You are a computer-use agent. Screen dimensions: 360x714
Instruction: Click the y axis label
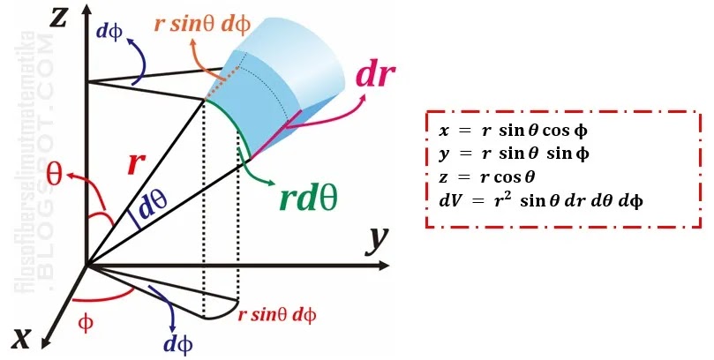point(380,237)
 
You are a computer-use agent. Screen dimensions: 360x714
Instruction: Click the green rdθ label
point(308,199)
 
